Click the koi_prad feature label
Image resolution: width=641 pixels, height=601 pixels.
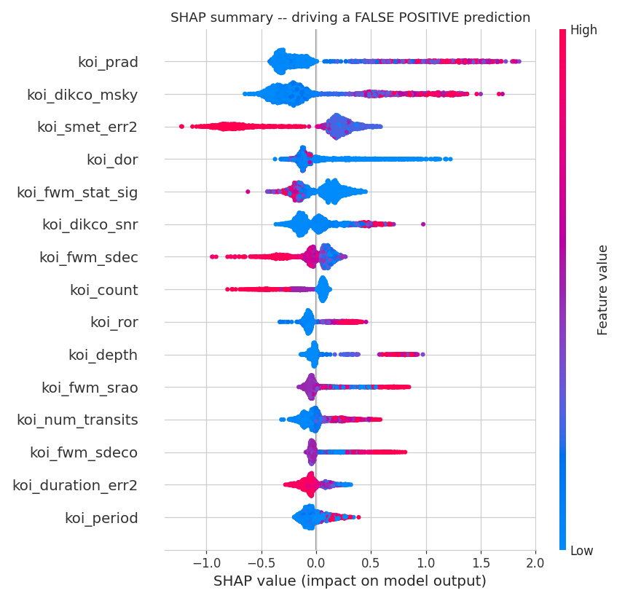tap(109, 62)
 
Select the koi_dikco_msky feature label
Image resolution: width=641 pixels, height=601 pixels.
tap(82, 95)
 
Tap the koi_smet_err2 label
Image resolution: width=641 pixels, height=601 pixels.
tap(87, 127)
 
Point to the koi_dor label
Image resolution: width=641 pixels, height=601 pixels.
tap(112, 160)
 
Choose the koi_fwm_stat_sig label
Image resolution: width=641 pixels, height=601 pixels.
tap(77, 192)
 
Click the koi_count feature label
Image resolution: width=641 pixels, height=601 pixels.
tap(104, 290)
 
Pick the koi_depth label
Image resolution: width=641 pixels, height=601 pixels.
tap(103, 356)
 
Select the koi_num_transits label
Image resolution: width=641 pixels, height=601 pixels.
tap(77, 420)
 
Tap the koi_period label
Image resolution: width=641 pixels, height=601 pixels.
tap(101, 519)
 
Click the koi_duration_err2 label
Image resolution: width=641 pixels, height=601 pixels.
tap(75, 485)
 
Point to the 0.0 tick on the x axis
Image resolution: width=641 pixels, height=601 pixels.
tap(316, 563)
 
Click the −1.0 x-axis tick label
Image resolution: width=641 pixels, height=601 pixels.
tap(206, 563)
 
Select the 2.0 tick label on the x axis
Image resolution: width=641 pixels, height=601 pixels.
tap(535, 563)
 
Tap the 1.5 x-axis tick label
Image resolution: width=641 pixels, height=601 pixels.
tap(481, 563)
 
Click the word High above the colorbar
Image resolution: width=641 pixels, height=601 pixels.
tap(583, 31)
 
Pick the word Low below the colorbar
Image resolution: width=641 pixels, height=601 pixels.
tap(582, 551)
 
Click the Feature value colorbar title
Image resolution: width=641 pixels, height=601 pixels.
tap(602, 290)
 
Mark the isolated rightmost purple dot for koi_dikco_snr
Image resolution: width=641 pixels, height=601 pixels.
tap(423, 224)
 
